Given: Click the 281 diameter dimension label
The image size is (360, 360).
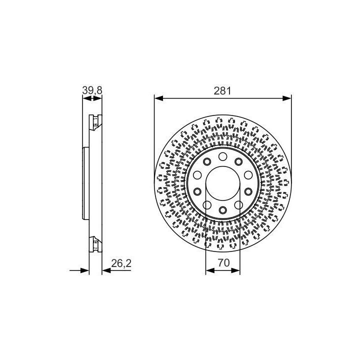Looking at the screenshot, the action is [222, 91].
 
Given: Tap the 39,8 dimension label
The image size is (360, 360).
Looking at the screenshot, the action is [92, 90].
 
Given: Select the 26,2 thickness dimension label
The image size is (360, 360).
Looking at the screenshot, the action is [121, 263].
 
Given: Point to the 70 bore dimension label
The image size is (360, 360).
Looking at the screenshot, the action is [223, 262].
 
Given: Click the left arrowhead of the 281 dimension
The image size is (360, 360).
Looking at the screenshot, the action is [158, 98].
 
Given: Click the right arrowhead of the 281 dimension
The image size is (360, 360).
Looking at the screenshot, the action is [287, 98].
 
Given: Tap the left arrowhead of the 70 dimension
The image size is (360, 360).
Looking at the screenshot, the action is [210, 270].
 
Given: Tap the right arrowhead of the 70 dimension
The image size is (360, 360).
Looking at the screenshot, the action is [235, 270].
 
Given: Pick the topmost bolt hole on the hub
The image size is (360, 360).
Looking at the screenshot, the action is [222, 156].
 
